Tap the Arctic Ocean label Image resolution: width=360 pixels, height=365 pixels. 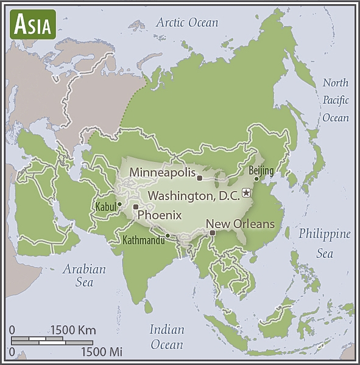coord(187,23)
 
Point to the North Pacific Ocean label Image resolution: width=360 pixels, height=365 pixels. coord(336,100)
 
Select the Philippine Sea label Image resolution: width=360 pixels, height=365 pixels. coord(325,243)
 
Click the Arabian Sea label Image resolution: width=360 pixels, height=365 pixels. coord(85,276)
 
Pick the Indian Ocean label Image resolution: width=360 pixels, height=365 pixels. coord(167,337)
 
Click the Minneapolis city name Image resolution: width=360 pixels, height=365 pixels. coord(161,172)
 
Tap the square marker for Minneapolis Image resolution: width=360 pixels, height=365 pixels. coord(199,178)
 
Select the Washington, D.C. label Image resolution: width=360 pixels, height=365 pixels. coord(194,196)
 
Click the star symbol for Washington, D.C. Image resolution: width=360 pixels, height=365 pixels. coord(246,193)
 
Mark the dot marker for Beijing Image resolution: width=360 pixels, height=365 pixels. coord(256,179)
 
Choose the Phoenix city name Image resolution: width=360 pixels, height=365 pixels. coord(160,215)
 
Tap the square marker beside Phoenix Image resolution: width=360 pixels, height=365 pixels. coord(136,207)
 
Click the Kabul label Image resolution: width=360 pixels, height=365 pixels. coord(105,207)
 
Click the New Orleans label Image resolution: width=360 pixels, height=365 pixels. coord(241,224)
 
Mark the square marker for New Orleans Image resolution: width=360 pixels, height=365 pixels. coord(212,232)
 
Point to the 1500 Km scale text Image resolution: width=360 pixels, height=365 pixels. coord(73,330)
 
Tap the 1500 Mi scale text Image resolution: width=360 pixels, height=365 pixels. coord(101,352)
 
